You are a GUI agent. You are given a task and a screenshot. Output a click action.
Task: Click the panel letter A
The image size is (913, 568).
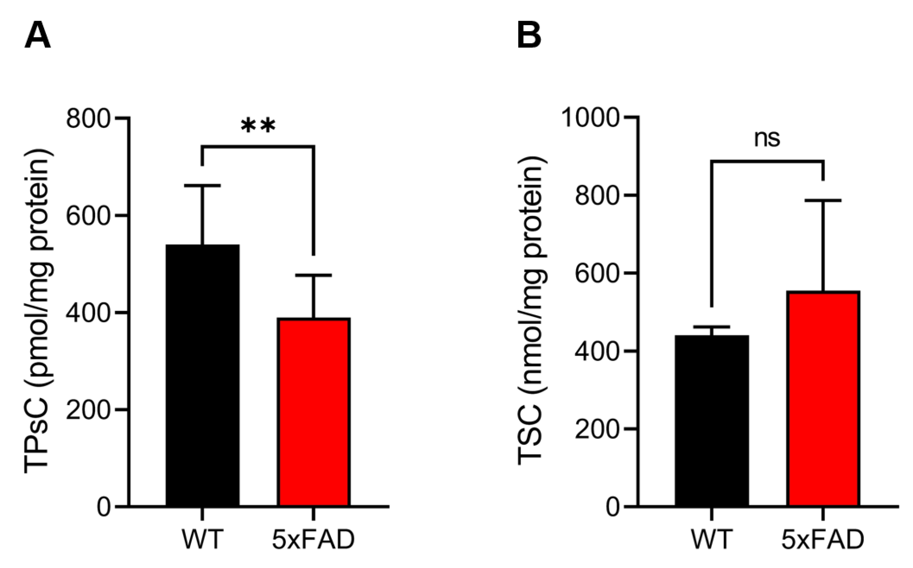38,36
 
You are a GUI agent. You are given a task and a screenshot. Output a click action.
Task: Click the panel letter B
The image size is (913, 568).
529,36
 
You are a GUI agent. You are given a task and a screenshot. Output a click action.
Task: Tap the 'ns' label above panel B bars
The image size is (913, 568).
767,139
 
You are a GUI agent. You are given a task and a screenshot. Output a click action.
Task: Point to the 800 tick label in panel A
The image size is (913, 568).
88,118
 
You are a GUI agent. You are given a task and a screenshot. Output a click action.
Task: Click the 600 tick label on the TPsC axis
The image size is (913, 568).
88,216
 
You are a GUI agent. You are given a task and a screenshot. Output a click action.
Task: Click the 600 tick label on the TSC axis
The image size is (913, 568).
597,273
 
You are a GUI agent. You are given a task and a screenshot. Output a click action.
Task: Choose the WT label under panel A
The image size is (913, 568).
202,539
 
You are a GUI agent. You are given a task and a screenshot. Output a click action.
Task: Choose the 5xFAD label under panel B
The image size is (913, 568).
822,539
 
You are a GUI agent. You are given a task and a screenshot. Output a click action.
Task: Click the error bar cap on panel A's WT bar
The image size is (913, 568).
202,186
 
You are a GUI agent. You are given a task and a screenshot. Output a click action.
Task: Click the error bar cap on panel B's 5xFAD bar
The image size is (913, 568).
823,200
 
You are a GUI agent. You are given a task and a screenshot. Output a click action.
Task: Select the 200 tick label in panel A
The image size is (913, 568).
88,410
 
